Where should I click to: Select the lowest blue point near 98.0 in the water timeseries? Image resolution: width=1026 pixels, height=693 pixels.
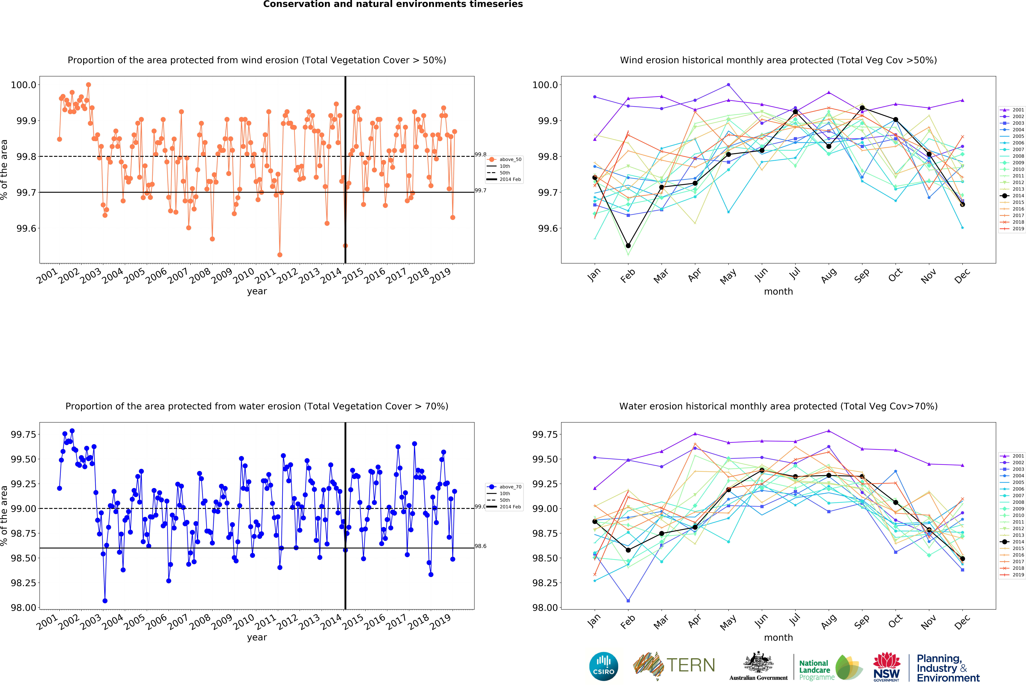point(105,601)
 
